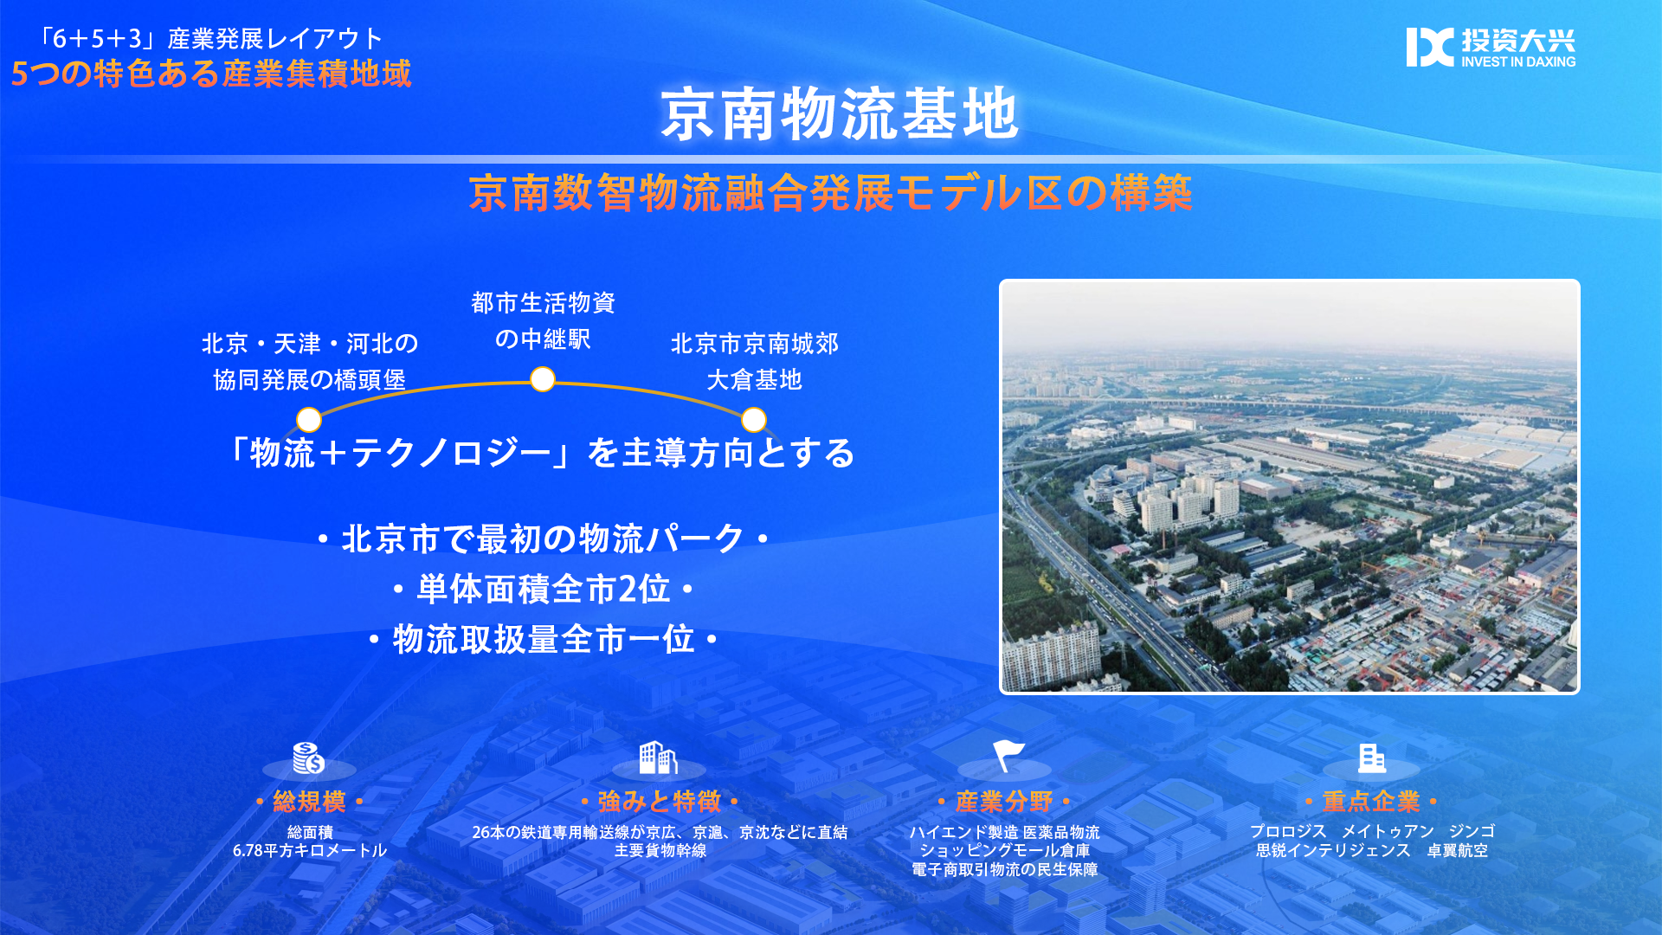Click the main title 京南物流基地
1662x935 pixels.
tap(840, 113)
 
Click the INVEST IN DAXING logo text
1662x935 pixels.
tap(1518, 62)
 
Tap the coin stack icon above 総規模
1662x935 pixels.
tap(308, 758)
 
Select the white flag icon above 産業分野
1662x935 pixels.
tap(1008, 756)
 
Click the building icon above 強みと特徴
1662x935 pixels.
tap(658, 758)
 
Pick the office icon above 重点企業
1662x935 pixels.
tap(1371, 758)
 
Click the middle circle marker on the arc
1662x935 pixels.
tap(543, 379)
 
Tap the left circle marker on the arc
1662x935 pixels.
tap(309, 420)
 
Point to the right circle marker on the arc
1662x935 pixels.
tap(754, 420)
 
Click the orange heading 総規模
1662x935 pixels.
tap(309, 802)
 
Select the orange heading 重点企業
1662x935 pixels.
tap(1371, 802)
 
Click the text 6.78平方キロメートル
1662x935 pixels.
tap(310, 850)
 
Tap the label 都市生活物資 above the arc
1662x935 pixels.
tap(543, 303)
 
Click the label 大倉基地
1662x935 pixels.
tap(754, 380)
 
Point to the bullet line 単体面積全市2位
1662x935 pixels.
tap(544, 590)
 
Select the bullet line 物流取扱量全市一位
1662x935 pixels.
tap(544, 640)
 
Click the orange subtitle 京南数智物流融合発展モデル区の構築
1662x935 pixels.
tap(831, 193)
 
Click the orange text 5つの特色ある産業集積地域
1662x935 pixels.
tap(211, 74)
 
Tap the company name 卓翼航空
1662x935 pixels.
tap(1458, 851)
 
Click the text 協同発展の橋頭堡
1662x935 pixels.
tap(310, 380)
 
